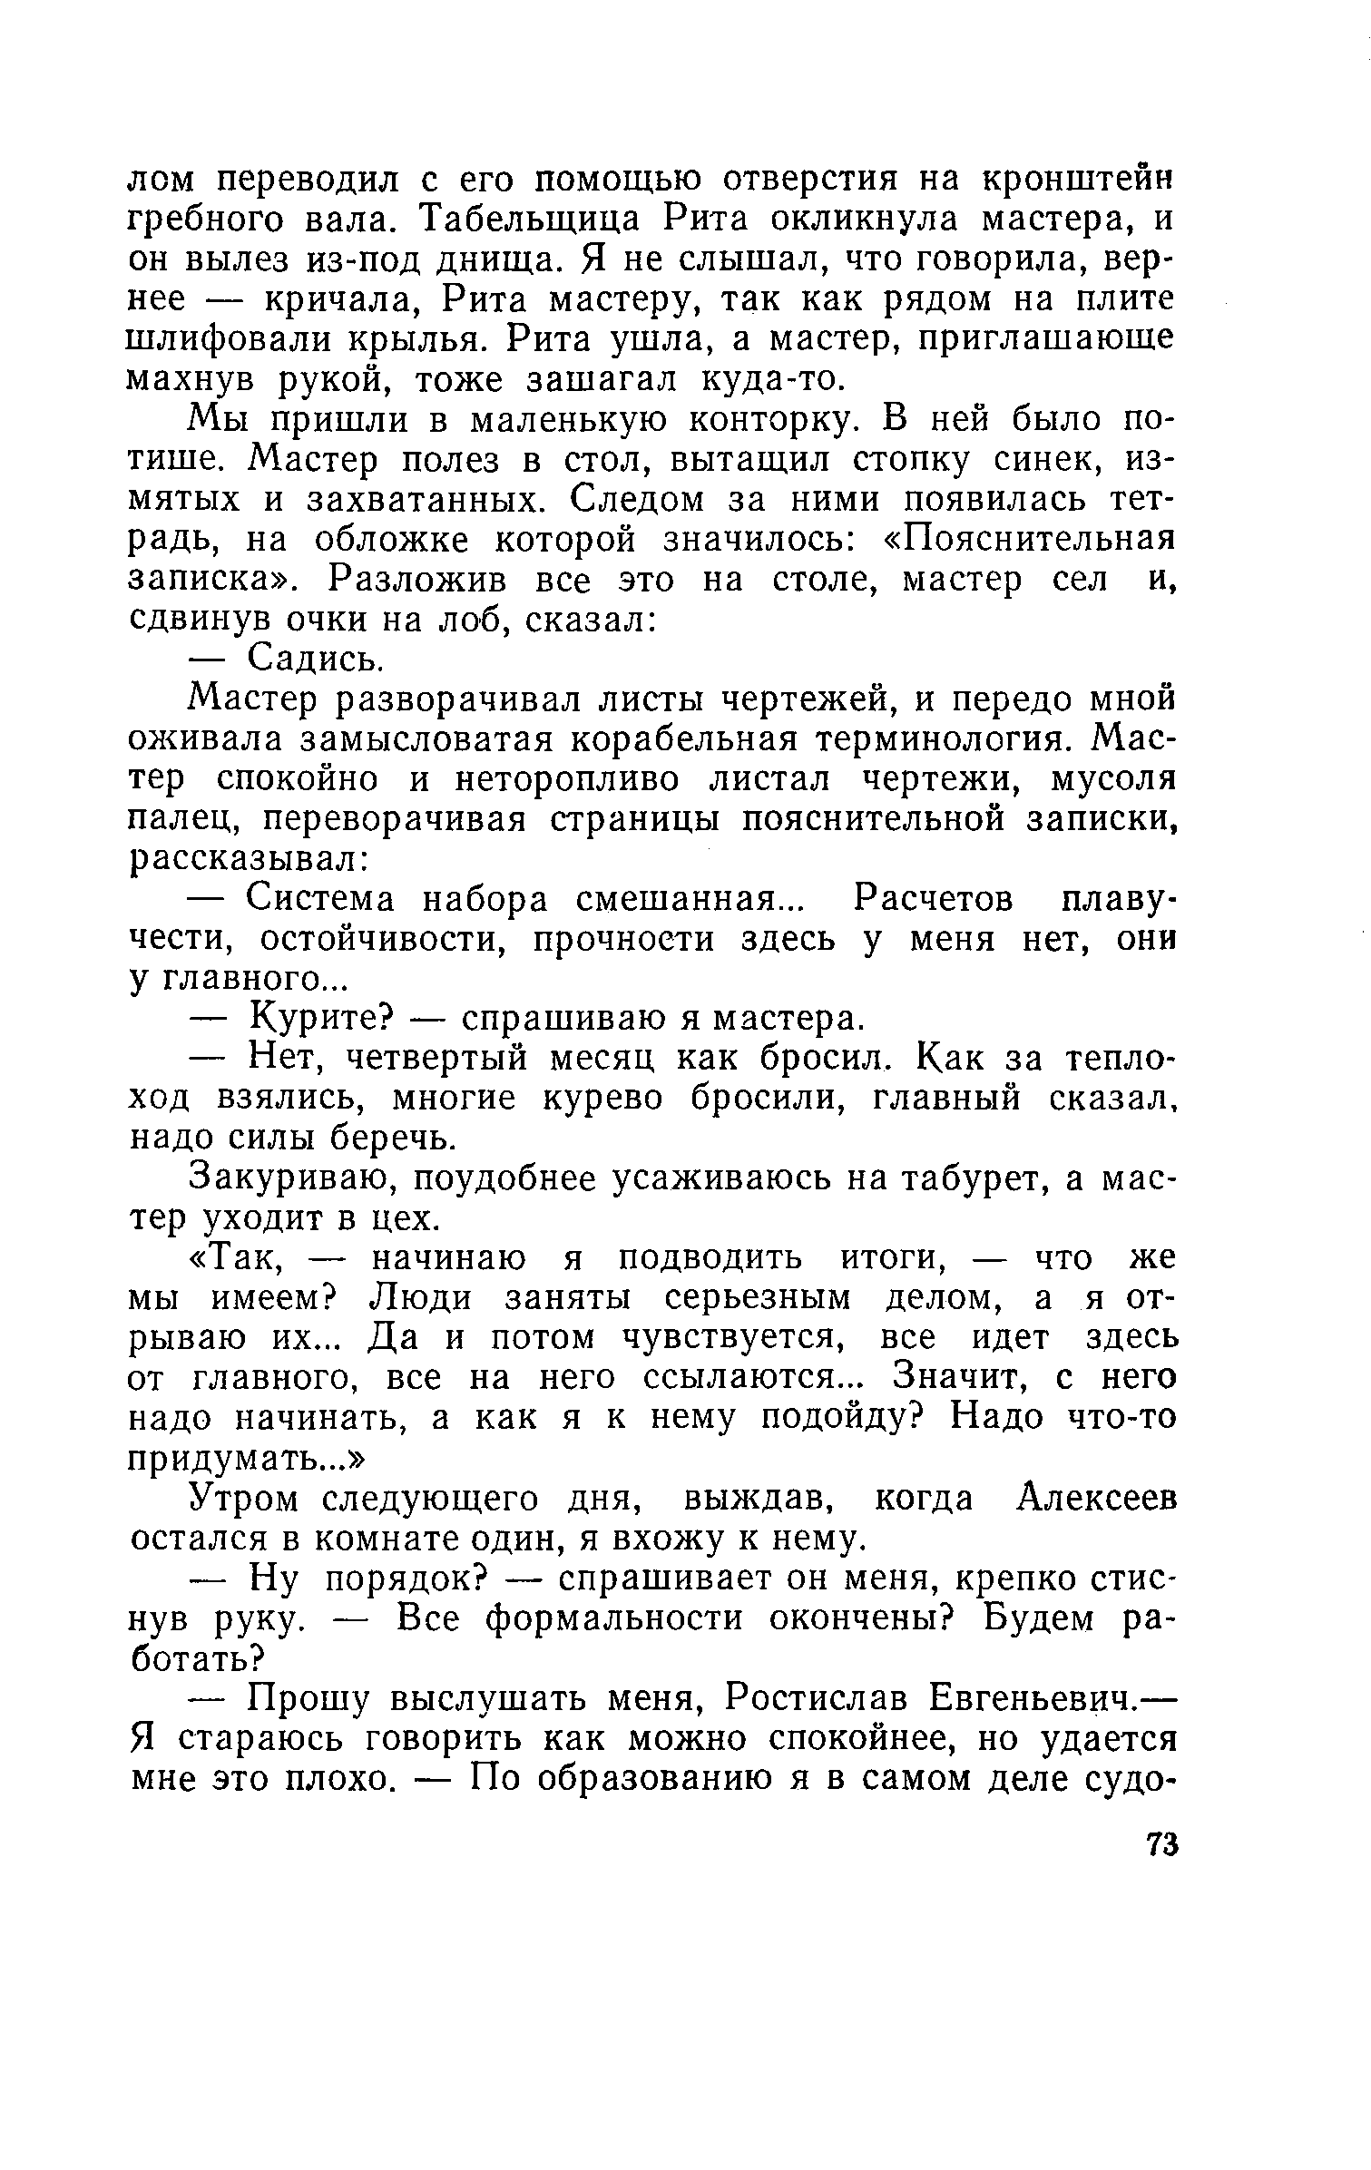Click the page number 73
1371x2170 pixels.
tap(1160, 1844)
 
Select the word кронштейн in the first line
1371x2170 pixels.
tap(1077, 180)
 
